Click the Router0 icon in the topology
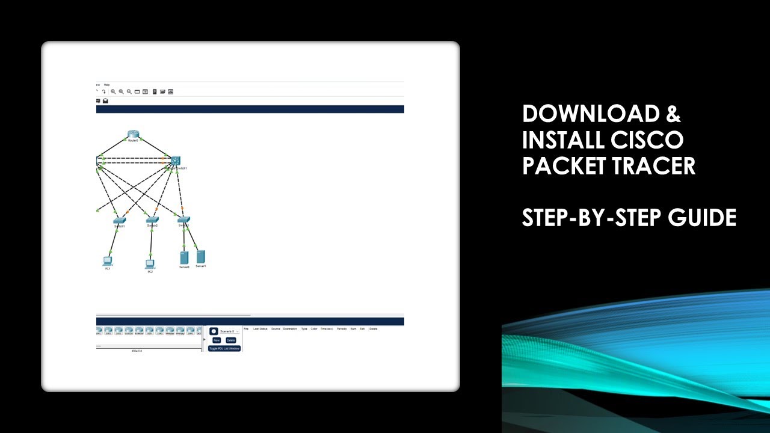pos(133,134)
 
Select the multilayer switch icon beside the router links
pos(175,161)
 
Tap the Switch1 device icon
pos(119,220)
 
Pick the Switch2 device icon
pos(152,220)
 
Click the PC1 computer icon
pos(108,261)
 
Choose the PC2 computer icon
pos(150,264)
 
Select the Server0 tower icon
pos(185,258)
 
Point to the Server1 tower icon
pos(201,257)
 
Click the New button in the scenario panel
pos(217,340)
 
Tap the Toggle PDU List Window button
pos(224,348)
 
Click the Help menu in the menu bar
pos(107,85)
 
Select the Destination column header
pos(290,329)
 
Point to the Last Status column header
pos(260,329)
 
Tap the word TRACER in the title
pos(650,165)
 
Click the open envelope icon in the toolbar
pos(105,101)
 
